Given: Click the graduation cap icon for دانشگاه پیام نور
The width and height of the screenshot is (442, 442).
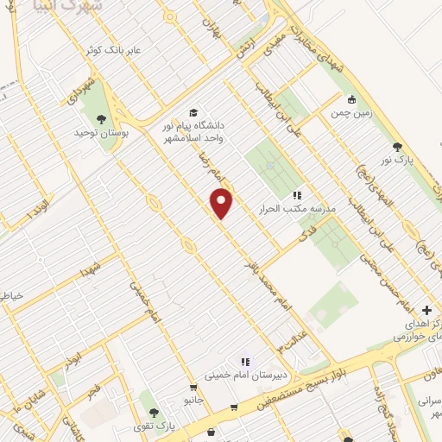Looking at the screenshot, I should pyautogui.click(x=195, y=112).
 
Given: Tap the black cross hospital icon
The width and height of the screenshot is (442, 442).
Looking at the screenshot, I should pyautogui.click(x=427, y=309).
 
